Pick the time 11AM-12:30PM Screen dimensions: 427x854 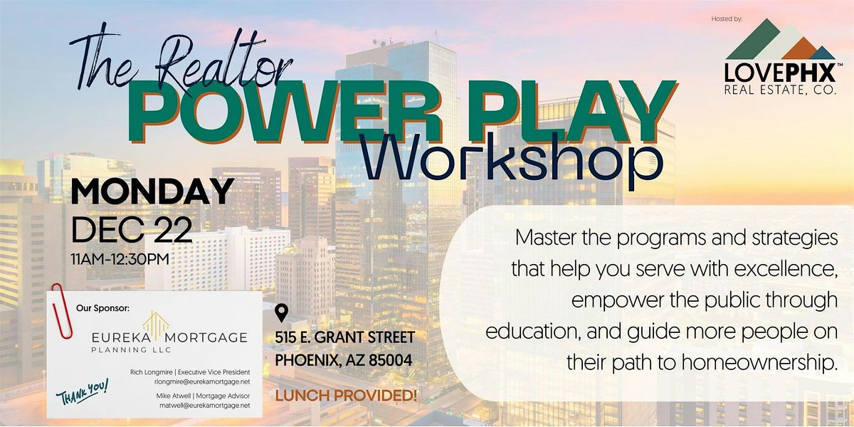[120, 258]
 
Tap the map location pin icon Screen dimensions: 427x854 [283, 313]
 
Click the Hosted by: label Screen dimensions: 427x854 [726, 19]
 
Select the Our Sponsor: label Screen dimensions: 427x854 [103, 308]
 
